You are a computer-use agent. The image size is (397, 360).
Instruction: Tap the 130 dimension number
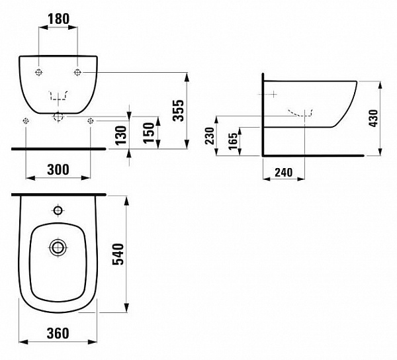120,135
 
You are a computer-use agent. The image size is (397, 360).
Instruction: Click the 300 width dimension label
58,169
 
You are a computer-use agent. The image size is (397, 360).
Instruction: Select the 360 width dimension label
58,334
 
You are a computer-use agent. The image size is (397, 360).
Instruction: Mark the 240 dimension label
283,172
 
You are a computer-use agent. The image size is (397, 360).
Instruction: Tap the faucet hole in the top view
58,212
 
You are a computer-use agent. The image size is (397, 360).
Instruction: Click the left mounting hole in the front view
40,71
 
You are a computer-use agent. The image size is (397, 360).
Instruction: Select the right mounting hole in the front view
78,71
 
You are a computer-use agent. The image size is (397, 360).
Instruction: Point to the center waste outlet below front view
59,117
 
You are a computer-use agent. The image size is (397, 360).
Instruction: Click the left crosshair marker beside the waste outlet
26,120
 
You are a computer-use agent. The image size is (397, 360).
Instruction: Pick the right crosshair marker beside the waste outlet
91,120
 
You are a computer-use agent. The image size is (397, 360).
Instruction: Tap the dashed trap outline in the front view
59,97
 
